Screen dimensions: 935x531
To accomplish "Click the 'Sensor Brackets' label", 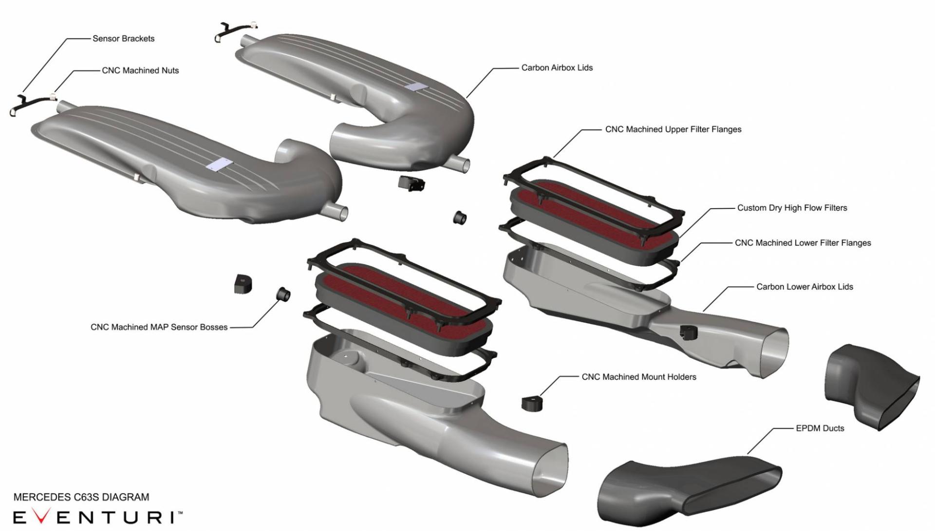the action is click(x=124, y=39).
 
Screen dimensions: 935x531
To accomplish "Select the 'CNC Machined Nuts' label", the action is click(x=140, y=71).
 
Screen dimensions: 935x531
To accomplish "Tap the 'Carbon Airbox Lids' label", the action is click(x=557, y=68).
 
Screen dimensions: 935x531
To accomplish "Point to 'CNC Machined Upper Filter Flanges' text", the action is click(x=673, y=129).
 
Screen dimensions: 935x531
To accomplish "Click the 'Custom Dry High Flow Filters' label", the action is click(x=792, y=208).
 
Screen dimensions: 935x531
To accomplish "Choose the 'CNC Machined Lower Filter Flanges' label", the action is click(x=803, y=243).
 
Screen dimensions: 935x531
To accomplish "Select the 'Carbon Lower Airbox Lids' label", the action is click(x=804, y=287).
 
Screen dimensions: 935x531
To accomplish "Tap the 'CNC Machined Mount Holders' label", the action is click(x=639, y=377).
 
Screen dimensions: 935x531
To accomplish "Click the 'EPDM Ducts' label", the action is click(x=820, y=428).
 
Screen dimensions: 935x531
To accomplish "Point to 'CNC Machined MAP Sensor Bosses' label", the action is click(x=159, y=327).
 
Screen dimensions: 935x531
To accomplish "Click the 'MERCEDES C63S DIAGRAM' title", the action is click(x=81, y=497).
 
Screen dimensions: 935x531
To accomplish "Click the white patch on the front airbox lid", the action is click(x=218, y=165).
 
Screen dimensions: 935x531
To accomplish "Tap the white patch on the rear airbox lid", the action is click(x=416, y=86).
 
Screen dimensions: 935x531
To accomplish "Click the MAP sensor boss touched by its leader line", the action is click(x=283, y=294).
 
